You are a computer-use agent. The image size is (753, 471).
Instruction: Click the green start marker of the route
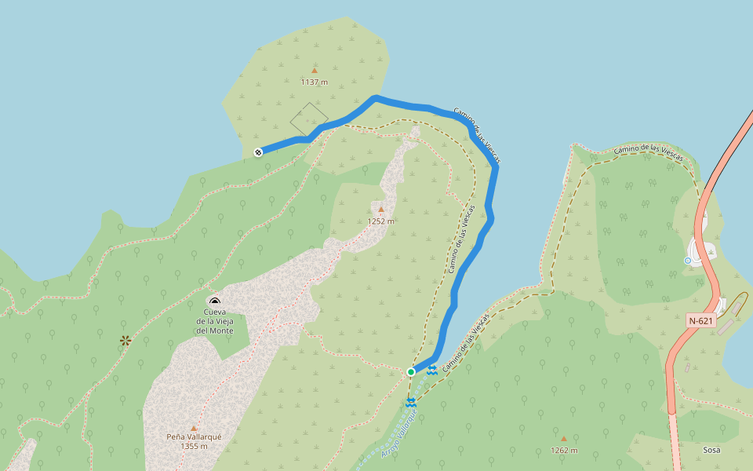click(x=410, y=371)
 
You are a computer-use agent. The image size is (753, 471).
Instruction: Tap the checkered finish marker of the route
click(x=258, y=152)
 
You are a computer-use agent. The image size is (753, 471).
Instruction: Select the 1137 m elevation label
click(x=314, y=82)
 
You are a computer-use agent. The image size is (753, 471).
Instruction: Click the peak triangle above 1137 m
click(x=315, y=71)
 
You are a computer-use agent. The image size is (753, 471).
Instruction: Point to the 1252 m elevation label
click(x=381, y=221)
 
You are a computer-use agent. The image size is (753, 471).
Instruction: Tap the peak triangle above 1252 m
click(x=381, y=210)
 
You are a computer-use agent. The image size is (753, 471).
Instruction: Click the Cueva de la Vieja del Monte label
click(x=215, y=321)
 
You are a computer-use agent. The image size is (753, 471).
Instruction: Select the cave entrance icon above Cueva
click(x=215, y=301)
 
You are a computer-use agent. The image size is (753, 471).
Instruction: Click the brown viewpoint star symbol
click(x=125, y=340)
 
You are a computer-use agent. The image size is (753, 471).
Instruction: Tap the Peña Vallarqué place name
click(x=194, y=436)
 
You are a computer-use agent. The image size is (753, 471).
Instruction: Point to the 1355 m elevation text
click(x=194, y=447)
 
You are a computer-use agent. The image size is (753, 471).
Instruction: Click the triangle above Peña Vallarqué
click(x=194, y=428)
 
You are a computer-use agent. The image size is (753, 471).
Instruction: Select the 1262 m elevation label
click(x=563, y=451)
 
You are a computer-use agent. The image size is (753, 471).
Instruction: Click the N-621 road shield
click(x=701, y=320)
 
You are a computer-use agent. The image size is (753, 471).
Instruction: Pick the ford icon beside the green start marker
click(x=432, y=369)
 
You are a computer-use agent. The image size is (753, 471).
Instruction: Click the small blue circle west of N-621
click(x=688, y=261)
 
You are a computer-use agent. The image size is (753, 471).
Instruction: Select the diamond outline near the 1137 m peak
click(x=308, y=120)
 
